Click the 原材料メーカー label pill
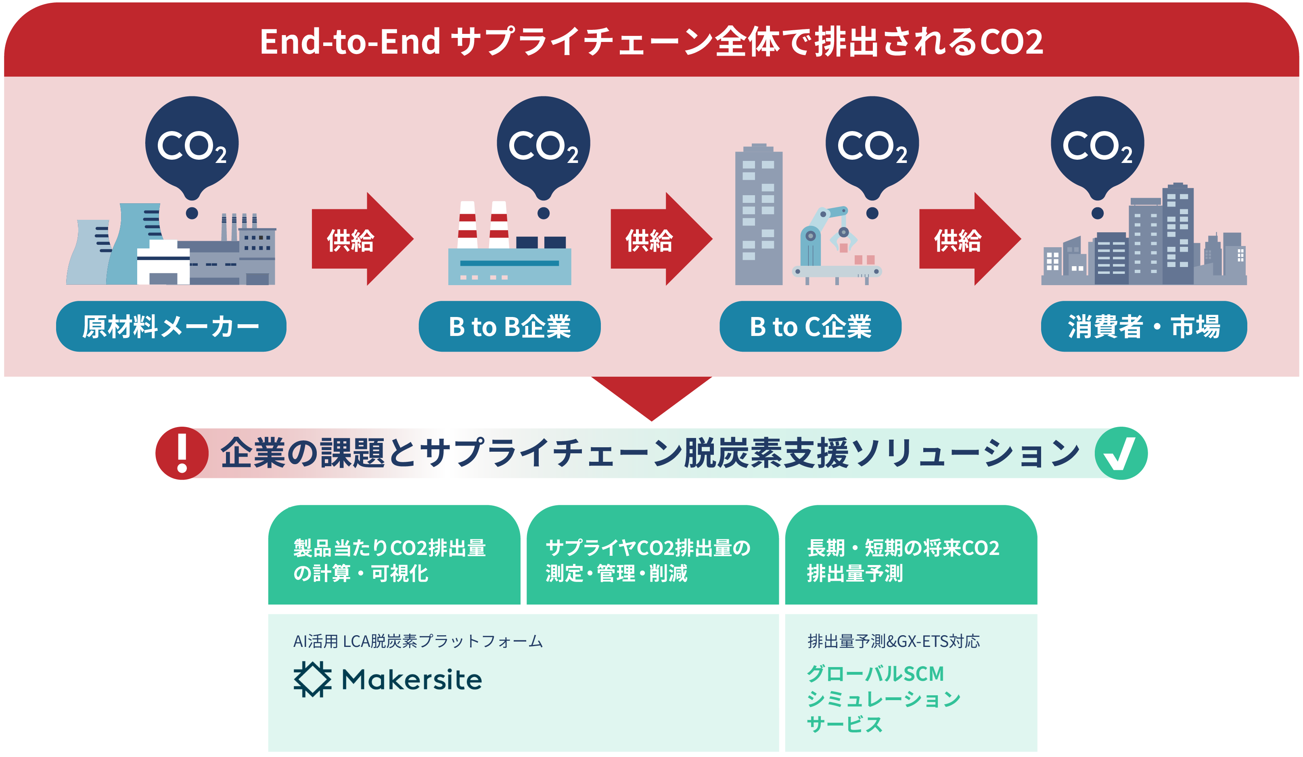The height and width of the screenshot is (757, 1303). pos(171,327)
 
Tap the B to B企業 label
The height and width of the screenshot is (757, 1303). pos(509,327)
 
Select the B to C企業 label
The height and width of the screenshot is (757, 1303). pos(810,327)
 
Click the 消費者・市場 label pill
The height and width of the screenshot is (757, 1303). pos(1143,327)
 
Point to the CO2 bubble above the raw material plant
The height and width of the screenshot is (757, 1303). pos(192,145)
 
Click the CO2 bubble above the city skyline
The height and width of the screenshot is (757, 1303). pos(1097,145)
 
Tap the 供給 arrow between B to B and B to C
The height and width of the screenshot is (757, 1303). pos(657,239)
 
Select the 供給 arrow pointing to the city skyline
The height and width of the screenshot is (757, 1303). pos(965,239)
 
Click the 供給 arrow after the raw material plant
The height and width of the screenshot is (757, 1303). pos(358,239)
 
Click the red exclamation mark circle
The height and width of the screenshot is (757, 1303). pos(182,453)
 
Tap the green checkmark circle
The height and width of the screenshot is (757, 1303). pos(1121,453)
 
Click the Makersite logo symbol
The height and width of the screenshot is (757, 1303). pos(312,679)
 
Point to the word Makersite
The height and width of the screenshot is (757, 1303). pos(412,680)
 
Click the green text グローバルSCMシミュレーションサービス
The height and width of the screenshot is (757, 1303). pos(883,699)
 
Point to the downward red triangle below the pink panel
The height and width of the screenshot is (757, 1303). pos(651,395)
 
